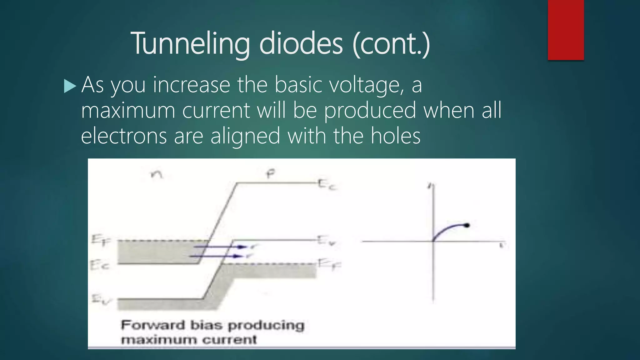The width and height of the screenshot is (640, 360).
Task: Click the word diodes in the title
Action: tap(301, 44)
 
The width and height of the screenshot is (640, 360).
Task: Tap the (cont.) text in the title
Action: tap(391, 44)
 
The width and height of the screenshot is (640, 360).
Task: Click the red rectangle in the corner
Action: tap(566, 30)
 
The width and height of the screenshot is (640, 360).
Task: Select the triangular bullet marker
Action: tap(70, 86)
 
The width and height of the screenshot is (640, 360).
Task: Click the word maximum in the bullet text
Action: tap(128, 111)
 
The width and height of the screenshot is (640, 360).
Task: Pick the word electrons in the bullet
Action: tap(124, 136)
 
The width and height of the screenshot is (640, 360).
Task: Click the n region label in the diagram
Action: tap(157, 174)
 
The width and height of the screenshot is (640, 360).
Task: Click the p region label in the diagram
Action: tap(271, 174)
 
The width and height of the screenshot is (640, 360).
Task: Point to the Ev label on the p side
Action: tap(326, 241)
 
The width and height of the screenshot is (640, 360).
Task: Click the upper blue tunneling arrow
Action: tap(220, 247)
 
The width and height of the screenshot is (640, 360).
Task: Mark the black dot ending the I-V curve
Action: tap(467, 225)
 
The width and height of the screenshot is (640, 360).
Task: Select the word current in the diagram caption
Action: tap(229, 340)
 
